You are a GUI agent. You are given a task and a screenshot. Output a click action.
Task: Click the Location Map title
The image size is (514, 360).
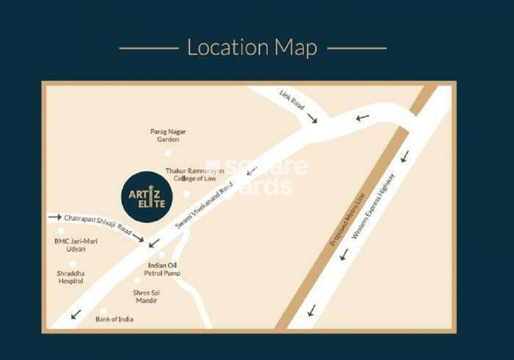tap(252, 48)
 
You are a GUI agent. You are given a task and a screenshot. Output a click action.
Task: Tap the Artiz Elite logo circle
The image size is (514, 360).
tap(147, 197)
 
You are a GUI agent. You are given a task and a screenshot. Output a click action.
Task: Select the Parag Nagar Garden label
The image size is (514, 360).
tap(168, 135)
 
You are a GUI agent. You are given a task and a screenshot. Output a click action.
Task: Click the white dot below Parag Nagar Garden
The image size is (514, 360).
tap(168, 153)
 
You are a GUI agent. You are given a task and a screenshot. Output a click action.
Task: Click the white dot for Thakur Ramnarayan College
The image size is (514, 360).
tap(187, 194)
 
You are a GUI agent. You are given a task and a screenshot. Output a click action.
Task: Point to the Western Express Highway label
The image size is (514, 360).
tap(374, 206)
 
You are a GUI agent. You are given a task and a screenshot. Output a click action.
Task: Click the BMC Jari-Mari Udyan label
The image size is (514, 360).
tap(70, 245)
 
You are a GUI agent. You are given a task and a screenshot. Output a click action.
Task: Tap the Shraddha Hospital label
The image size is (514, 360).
tap(70, 277)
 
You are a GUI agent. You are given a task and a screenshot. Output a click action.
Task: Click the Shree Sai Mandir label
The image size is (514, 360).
tap(146, 296)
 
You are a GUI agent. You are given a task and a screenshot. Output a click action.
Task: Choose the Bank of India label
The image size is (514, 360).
tap(115, 319)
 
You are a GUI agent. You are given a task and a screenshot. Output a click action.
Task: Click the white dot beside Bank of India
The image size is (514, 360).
tap(103, 311)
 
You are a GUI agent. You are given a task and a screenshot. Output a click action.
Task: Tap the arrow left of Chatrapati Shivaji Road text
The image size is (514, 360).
tap(54, 218)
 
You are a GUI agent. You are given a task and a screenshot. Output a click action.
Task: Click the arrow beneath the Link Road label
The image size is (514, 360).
tap(311, 119)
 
